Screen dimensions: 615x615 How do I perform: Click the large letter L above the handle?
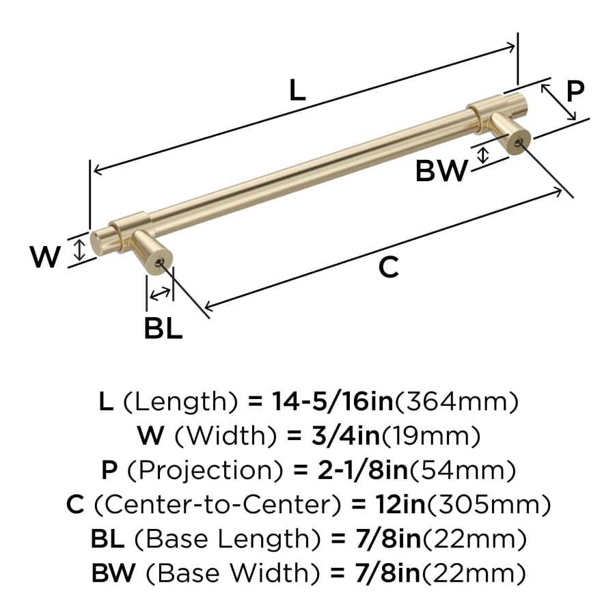point(297,90)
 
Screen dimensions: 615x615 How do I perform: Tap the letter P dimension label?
point(575,92)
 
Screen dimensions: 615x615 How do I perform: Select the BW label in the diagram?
point(441,171)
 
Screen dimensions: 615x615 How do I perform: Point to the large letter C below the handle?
point(389,267)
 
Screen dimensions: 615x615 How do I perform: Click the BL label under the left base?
point(163,328)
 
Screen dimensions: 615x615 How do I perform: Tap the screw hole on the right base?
point(519,142)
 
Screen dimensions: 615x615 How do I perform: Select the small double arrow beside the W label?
point(80,250)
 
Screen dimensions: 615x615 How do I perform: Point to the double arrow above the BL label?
point(160,294)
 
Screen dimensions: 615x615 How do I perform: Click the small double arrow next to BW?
point(483,155)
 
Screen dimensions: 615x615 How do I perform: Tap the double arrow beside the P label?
point(558,102)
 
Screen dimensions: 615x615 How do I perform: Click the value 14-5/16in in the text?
point(333,401)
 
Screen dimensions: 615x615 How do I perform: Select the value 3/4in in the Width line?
point(346,435)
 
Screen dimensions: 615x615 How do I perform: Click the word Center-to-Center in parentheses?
point(217,504)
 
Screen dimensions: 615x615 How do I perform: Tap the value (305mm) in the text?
point(489,504)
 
